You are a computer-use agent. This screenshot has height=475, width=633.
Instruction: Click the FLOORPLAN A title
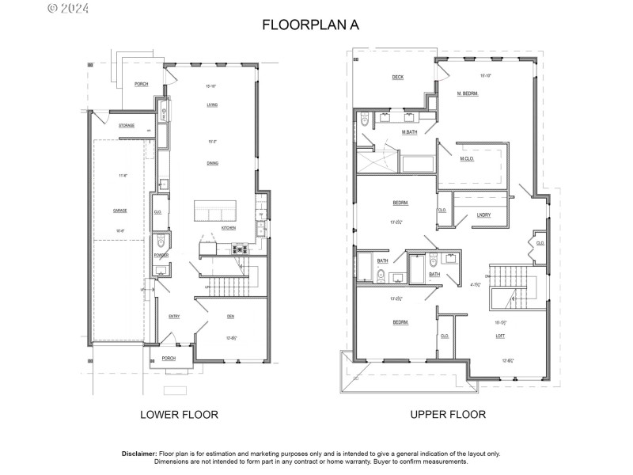pyautogui.click(x=310, y=25)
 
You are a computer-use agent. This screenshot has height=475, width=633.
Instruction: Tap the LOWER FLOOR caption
pyautogui.click(x=179, y=414)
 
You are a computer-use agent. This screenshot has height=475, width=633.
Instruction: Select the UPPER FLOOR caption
pyautogui.click(x=448, y=414)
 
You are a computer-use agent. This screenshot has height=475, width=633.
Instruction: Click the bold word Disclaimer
pyautogui.click(x=139, y=454)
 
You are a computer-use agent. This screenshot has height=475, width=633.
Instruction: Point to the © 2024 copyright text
pyautogui.click(x=69, y=9)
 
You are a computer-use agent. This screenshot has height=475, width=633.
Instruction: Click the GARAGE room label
pyautogui.click(x=120, y=211)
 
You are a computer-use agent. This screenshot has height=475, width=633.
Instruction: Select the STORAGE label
pyautogui.click(x=127, y=126)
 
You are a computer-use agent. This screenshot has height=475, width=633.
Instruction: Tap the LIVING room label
pyautogui.click(x=212, y=104)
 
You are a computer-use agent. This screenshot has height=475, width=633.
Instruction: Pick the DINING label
pyautogui.click(x=212, y=163)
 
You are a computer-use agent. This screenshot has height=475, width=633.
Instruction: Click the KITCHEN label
pyautogui.click(x=229, y=228)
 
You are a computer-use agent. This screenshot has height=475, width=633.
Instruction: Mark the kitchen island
pyautogui.click(x=215, y=211)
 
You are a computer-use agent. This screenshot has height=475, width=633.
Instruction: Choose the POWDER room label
pyautogui.click(x=161, y=256)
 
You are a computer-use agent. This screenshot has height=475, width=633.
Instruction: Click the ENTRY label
pyautogui.click(x=174, y=317)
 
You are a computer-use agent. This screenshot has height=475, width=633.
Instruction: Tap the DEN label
pyautogui.click(x=230, y=317)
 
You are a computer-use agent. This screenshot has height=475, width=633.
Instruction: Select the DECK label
pyautogui.click(x=398, y=78)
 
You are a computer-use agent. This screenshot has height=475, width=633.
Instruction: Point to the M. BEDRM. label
pyautogui.click(x=468, y=93)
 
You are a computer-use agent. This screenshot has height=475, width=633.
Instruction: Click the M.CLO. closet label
pyautogui.click(x=468, y=158)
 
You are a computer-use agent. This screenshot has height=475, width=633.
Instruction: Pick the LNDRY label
pyautogui.click(x=483, y=215)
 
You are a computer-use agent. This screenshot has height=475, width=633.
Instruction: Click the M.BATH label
pyautogui.click(x=410, y=132)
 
